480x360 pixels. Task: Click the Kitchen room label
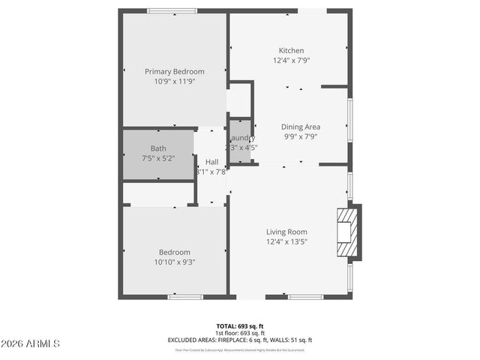[x=291, y=50]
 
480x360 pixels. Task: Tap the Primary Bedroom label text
[x=174, y=71]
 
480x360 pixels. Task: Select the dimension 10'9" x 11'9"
[x=174, y=82]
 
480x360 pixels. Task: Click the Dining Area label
[x=301, y=127]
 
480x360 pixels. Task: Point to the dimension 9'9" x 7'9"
[x=301, y=137]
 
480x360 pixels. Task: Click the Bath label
[x=158, y=148]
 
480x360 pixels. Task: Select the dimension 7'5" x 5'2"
[x=158, y=158]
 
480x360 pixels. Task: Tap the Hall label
[x=211, y=161]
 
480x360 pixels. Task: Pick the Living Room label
[x=286, y=232]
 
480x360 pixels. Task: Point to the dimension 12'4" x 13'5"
[x=286, y=242]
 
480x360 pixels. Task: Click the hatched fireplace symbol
[x=347, y=232]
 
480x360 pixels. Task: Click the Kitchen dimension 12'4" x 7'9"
[x=291, y=61]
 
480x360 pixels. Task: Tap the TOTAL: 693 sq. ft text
[x=240, y=325]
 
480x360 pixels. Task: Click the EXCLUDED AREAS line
[x=240, y=340]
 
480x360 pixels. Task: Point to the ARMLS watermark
[x=30, y=343]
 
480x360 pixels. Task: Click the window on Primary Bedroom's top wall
[x=172, y=10]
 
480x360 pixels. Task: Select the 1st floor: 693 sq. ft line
[x=240, y=333]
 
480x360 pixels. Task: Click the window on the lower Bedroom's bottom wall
[x=185, y=297]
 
